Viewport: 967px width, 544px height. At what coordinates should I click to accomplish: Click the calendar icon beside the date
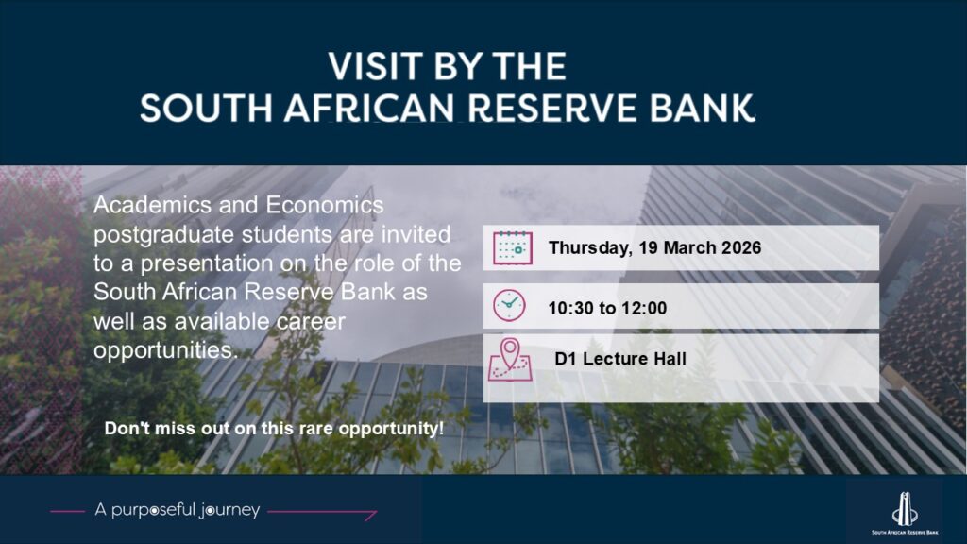(x=513, y=248)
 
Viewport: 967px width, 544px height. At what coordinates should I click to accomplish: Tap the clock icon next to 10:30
(x=509, y=305)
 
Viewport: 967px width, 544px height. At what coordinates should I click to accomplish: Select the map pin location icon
(x=510, y=359)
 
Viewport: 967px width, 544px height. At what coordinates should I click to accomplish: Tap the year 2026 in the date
(x=741, y=248)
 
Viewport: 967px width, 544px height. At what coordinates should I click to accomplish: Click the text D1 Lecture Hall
(x=620, y=359)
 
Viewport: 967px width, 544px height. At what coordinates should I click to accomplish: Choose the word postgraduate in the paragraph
(x=164, y=235)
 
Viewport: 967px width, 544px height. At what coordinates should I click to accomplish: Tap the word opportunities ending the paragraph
(x=165, y=351)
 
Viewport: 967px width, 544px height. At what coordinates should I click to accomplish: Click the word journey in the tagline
(x=229, y=511)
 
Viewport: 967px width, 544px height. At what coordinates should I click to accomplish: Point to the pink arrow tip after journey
(x=376, y=511)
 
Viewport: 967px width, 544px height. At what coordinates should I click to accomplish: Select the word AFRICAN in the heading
(x=369, y=109)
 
